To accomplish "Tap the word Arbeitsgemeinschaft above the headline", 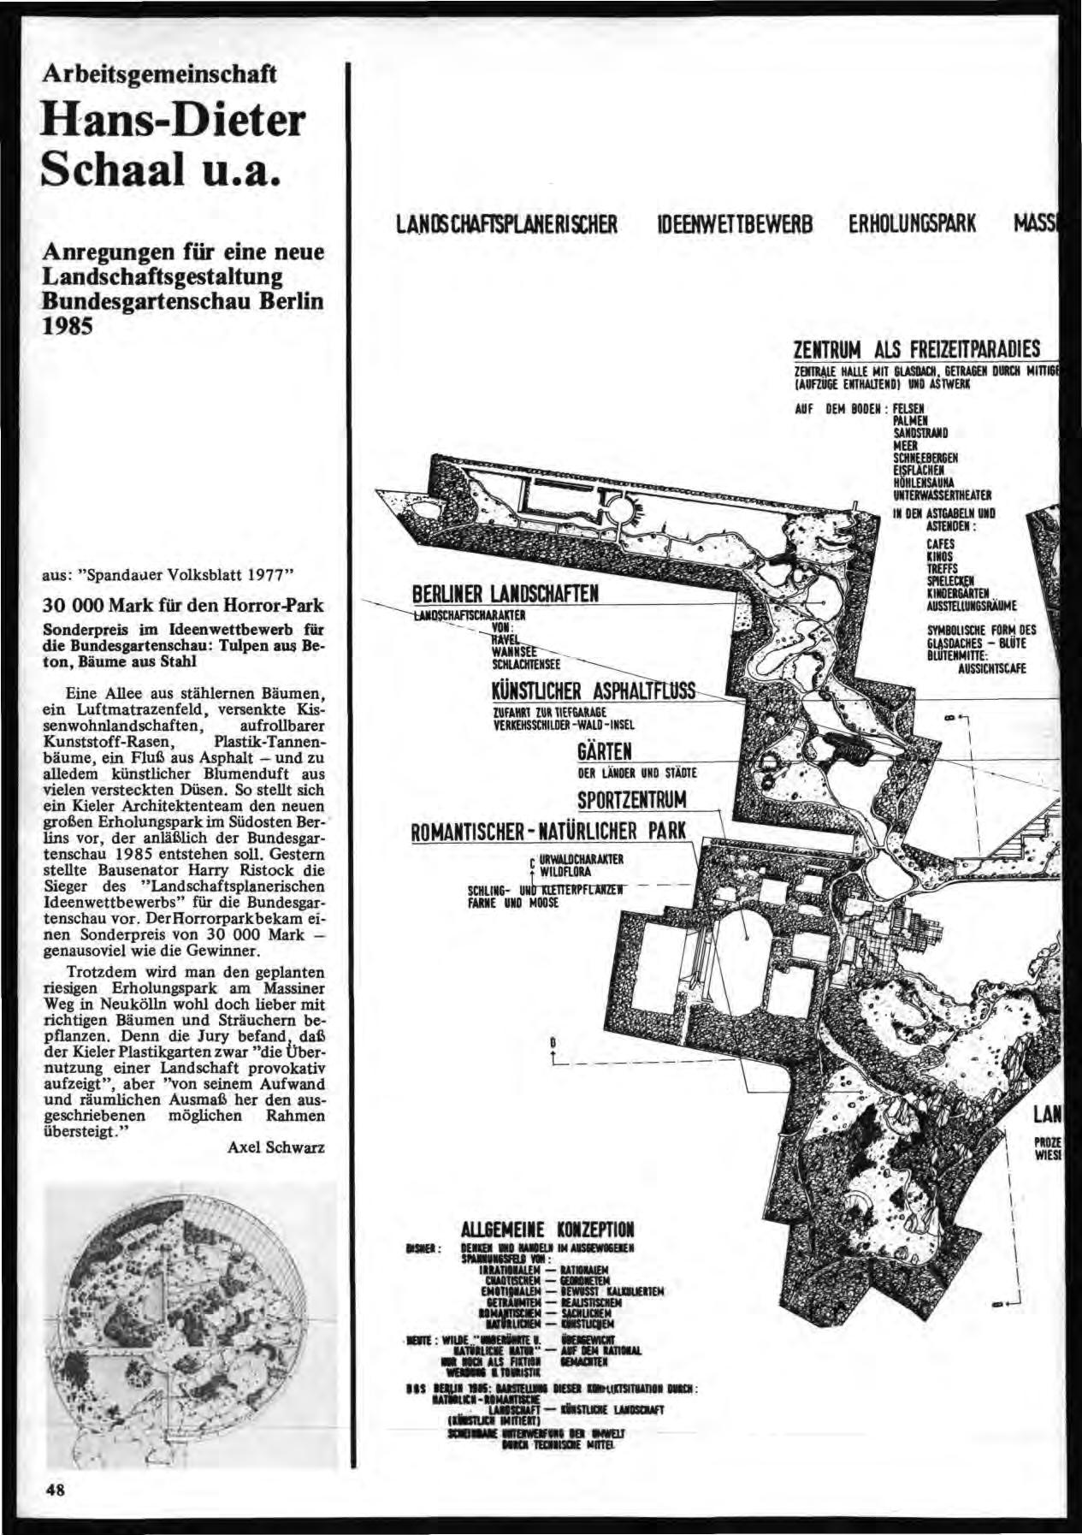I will (160, 74).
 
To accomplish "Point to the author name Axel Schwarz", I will (275, 1147).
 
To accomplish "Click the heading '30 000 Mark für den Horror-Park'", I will (183, 605).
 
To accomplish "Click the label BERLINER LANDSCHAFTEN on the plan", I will (506, 593).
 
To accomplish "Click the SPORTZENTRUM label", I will (633, 801).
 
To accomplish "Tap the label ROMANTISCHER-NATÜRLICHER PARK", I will (549, 831).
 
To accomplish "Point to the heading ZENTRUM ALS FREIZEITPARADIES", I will (917, 349).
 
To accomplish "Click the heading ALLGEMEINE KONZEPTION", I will (547, 1230).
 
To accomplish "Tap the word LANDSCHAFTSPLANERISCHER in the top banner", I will (506, 224).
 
